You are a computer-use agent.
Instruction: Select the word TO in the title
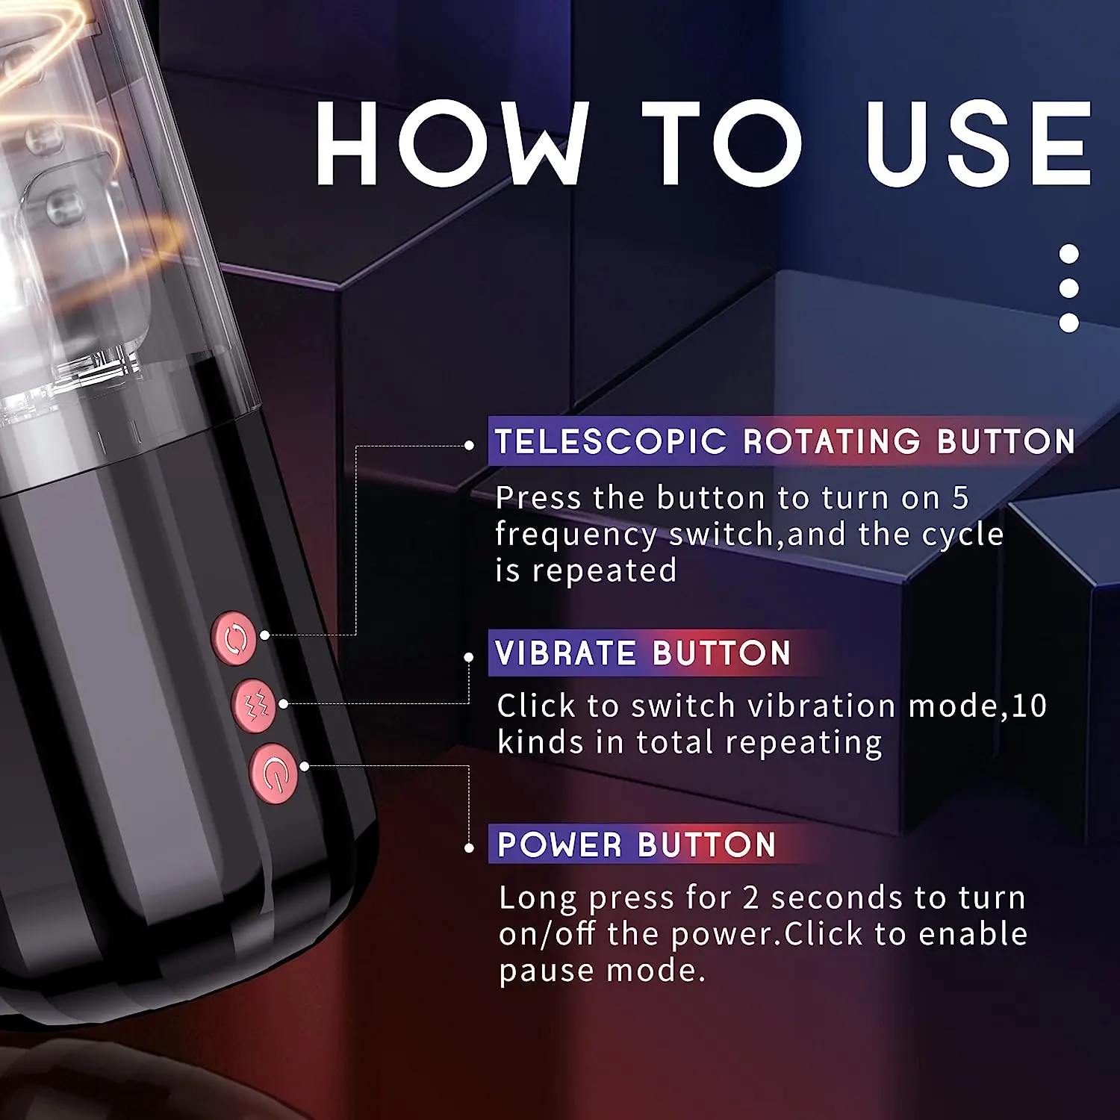(721, 143)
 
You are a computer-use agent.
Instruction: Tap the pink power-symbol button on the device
(274, 774)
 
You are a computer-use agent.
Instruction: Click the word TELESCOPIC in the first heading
(611, 441)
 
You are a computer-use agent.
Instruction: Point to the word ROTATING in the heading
(832, 441)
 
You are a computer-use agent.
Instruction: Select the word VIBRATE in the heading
(565, 653)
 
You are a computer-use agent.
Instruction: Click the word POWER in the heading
(560, 844)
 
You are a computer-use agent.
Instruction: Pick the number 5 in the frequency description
(960, 498)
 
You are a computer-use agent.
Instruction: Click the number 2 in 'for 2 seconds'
(750, 897)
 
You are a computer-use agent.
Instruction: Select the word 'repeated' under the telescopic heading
(604, 570)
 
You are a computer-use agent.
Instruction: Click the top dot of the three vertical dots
(1069, 254)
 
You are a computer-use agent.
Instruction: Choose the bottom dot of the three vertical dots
(1069, 323)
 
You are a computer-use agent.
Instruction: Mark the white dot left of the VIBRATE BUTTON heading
(469, 657)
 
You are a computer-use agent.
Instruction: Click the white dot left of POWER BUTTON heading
(469, 848)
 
